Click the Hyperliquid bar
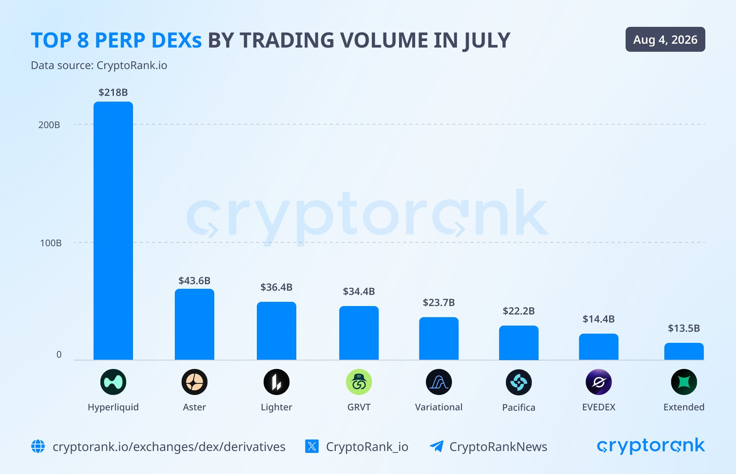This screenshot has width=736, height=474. [x=113, y=230]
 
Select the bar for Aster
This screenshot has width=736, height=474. [x=194, y=324]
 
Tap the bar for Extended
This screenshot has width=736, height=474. [x=684, y=351]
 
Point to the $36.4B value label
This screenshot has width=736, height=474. [x=276, y=287]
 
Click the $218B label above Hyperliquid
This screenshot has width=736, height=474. [x=113, y=92]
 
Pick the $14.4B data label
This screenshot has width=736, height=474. [x=598, y=319]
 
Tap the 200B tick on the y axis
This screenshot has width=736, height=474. [x=49, y=125]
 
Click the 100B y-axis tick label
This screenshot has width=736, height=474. [x=51, y=243]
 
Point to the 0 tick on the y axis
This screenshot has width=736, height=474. [x=59, y=354]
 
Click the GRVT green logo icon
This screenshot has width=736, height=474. [x=359, y=382]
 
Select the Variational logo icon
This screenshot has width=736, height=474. [x=439, y=382]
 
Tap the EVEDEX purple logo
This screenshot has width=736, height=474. [x=599, y=382]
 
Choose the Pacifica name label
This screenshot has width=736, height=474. [x=519, y=407]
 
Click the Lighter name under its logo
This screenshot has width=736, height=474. [x=276, y=407]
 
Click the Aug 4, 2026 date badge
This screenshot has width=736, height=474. [x=665, y=39]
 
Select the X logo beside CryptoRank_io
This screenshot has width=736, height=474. [x=312, y=446]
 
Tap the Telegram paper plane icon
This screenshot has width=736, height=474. [x=437, y=446]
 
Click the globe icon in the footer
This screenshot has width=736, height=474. [x=38, y=446]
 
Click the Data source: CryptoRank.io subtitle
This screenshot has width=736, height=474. [x=99, y=65]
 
